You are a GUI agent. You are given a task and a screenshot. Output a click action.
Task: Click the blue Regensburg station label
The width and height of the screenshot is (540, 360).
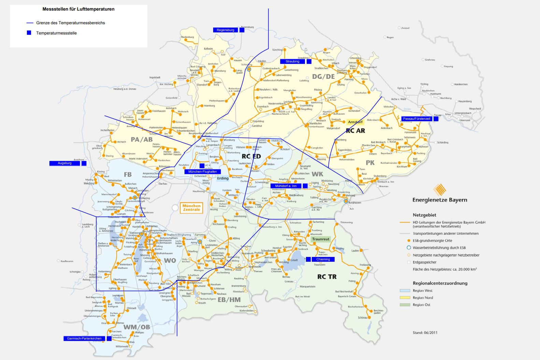click(x=225, y=30)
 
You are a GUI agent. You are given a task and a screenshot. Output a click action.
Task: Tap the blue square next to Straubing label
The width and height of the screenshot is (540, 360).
click(x=309, y=61)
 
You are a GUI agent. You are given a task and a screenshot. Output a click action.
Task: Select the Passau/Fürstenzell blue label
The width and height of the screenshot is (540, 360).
click(x=416, y=119)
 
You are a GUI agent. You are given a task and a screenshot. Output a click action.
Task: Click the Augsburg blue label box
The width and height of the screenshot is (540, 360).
click(x=64, y=163)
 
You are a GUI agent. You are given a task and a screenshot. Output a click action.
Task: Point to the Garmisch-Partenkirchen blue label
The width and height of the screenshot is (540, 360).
click(x=84, y=339)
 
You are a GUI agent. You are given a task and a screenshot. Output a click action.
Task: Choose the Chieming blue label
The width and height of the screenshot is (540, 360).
click(x=323, y=259)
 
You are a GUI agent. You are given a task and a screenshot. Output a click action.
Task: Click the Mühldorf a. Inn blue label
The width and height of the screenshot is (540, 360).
click(x=286, y=186)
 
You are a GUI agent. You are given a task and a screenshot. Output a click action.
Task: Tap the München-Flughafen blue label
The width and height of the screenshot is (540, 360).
click(x=203, y=172)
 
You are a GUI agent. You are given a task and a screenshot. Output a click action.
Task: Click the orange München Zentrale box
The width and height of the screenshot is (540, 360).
click(x=191, y=208)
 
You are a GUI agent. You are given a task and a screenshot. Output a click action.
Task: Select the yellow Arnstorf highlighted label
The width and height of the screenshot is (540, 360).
click(x=355, y=122)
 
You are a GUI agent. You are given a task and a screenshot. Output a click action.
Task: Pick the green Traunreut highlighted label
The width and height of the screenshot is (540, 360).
click(x=321, y=239)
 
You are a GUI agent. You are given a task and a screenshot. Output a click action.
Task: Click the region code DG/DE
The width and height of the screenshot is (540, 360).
click(x=323, y=77)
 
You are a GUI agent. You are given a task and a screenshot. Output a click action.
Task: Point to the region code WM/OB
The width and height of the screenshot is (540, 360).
click(x=136, y=327)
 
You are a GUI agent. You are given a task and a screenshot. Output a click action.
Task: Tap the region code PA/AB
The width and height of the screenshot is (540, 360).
click(x=142, y=140)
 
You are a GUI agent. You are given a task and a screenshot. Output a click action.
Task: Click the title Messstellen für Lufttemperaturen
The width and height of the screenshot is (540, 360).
click(x=78, y=9)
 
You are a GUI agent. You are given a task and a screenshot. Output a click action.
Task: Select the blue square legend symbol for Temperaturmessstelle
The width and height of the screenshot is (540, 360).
click(x=29, y=33)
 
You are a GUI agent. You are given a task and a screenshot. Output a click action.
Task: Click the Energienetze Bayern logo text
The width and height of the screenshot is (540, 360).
click(x=440, y=200)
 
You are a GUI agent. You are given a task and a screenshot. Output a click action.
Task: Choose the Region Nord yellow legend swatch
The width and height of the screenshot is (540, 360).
click(x=405, y=298)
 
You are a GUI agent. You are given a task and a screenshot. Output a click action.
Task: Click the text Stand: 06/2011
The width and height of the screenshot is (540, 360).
click(x=425, y=332)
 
